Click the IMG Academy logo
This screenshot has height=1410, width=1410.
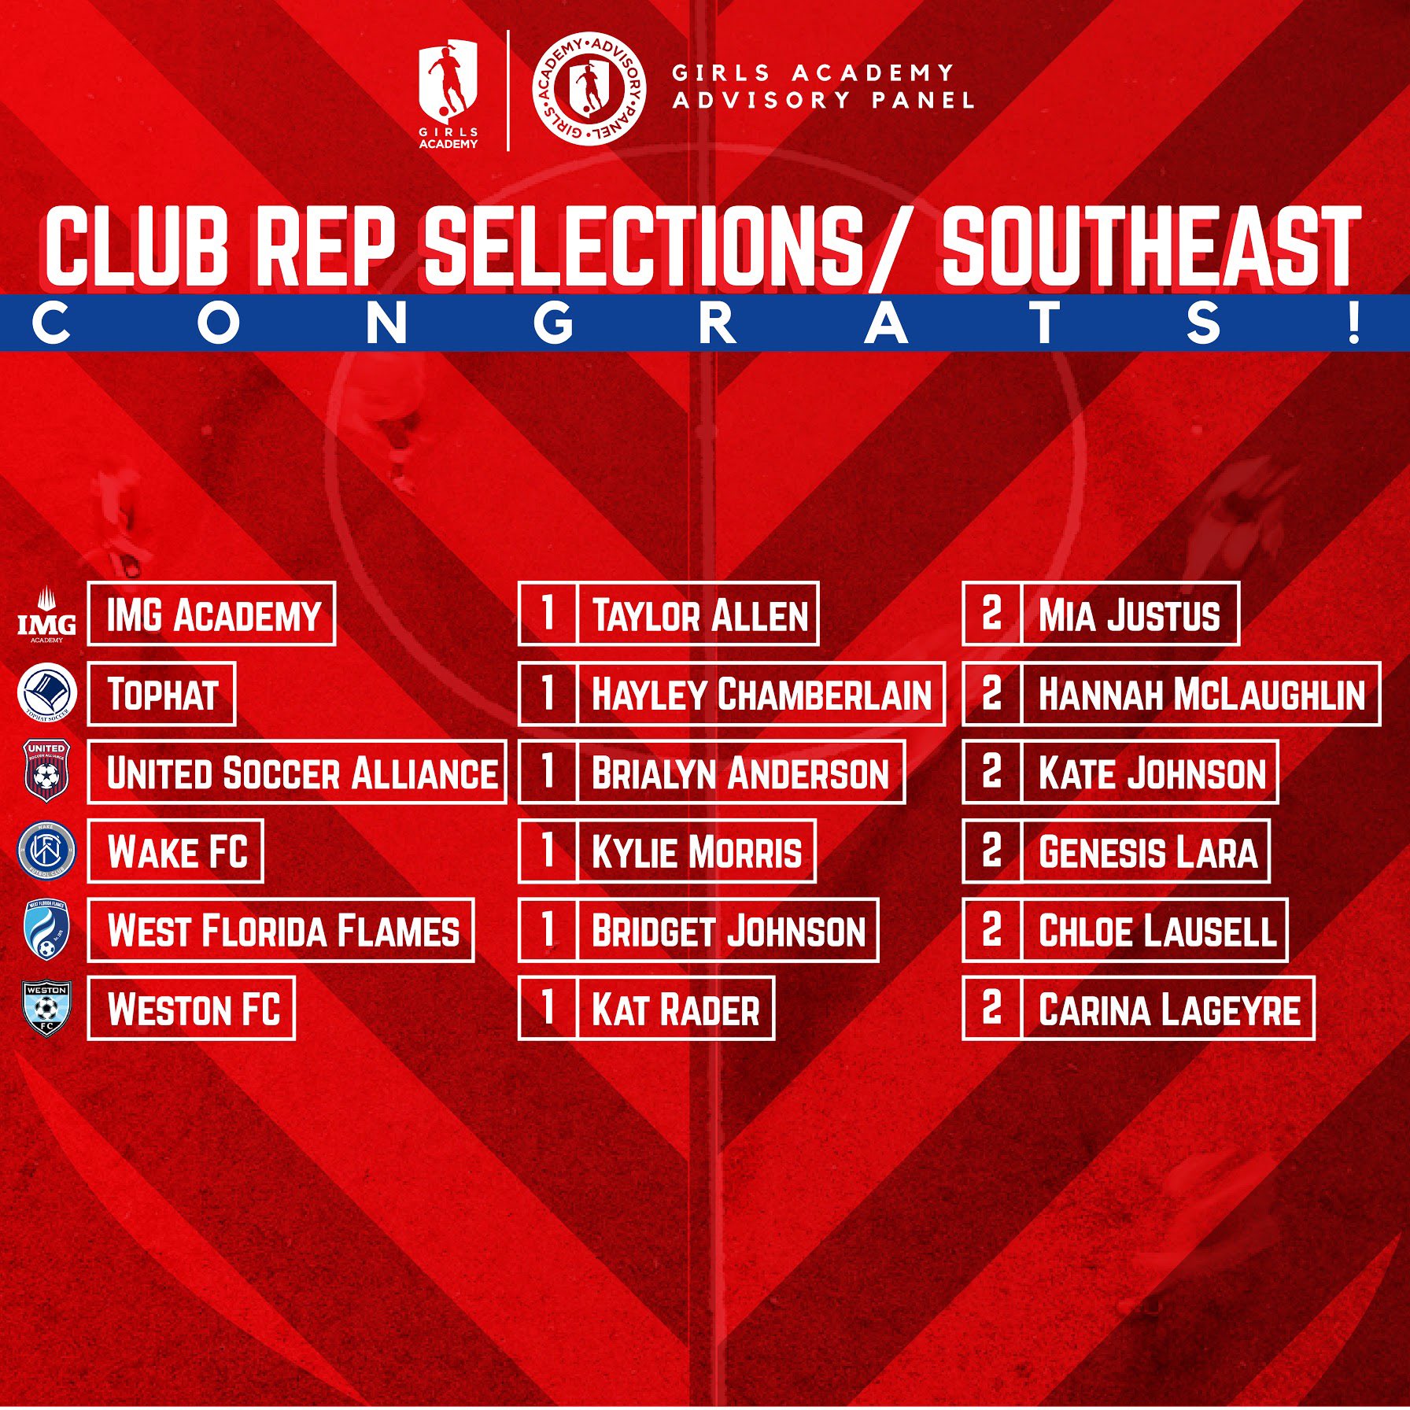click(x=46, y=615)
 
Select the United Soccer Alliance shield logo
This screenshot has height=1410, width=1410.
click(x=46, y=771)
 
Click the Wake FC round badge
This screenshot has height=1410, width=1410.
click(x=46, y=851)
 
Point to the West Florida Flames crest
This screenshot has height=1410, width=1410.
click(x=46, y=930)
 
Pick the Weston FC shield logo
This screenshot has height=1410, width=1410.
click(x=46, y=1008)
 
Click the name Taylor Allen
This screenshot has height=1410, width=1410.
click(x=699, y=615)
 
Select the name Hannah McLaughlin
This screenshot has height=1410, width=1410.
click(x=1201, y=694)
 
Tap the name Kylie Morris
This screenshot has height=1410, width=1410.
click(x=696, y=852)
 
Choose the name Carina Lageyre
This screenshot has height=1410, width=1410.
click(x=1168, y=1010)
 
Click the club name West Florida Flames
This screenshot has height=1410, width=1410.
click(x=283, y=931)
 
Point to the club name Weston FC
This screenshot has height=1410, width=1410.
click(x=194, y=1010)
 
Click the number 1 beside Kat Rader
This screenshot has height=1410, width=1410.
click(x=548, y=1008)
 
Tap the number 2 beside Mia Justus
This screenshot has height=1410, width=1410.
click(x=991, y=614)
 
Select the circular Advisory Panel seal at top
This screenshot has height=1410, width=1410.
click(x=589, y=90)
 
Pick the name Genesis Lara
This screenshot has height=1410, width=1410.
click(x=1148, y=852)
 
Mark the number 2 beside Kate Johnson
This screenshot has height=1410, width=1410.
click(x=991, y=771)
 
